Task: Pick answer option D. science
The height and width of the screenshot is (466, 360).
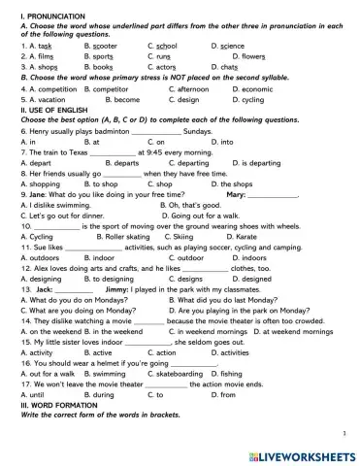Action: pyautogui.click(x=229, y=46)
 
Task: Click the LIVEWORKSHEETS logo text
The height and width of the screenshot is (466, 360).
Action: pyautogui.click(x=305, y=452)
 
